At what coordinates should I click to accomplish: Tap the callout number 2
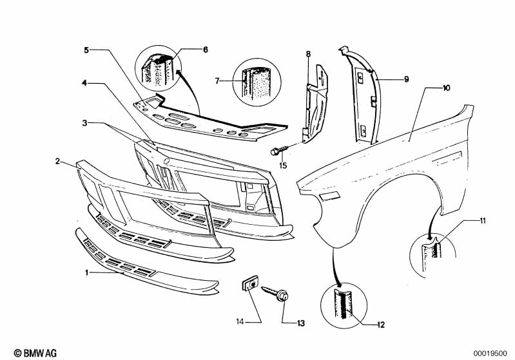pos(57,162)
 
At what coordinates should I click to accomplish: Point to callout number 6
pos(206,49)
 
